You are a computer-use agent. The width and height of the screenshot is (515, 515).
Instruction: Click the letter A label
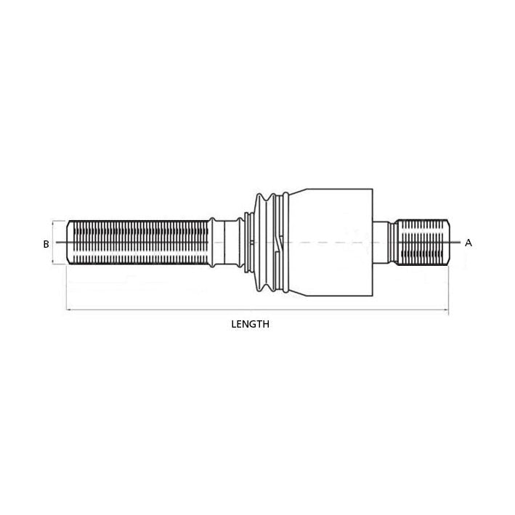tap(469, 243)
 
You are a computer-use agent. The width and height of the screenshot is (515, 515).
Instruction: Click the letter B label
tap(46, 244)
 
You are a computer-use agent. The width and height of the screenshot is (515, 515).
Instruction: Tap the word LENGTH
tap(250, 325)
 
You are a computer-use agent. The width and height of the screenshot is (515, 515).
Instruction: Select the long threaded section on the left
tap(138, 243)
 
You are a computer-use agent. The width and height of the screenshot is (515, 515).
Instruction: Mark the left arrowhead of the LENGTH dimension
tap(69, 311)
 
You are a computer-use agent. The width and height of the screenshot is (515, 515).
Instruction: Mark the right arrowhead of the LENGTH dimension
tap(446, 311)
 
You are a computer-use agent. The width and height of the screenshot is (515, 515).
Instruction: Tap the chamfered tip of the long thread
tap(70, 243)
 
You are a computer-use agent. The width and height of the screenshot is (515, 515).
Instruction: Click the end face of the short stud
tap(447, 243)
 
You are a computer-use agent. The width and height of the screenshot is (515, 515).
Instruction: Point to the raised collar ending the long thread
tap(213, 243)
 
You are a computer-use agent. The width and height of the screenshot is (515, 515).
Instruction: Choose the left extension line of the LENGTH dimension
tap(67, 291)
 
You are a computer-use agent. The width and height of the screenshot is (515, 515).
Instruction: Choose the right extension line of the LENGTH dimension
tap(448, 291)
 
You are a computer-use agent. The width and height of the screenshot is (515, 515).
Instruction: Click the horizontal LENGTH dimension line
tap(182, 311)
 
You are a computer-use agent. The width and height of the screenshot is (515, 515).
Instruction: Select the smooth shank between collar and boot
tap(231, 243)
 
